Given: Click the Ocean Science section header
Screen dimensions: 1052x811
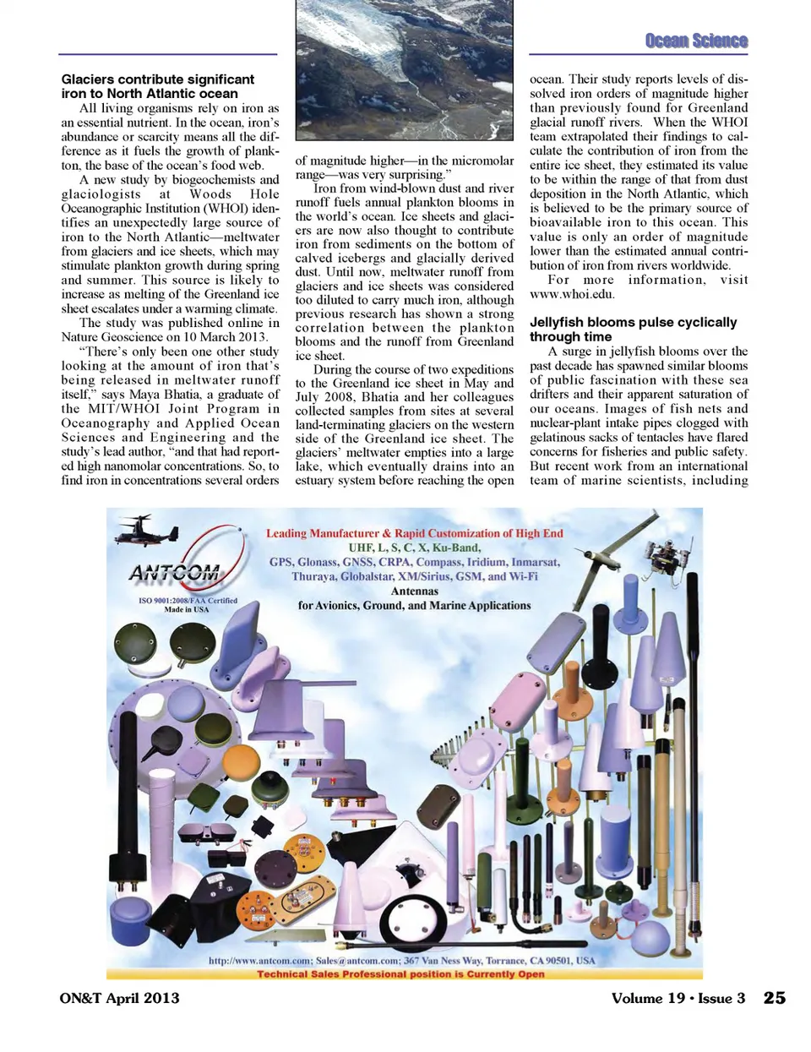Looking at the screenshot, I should pos(695,41).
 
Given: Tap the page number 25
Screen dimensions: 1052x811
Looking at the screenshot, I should pos(774,998).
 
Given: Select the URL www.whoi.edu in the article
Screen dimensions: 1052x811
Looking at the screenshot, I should pos(572,294).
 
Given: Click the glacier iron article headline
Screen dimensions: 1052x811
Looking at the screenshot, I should pos(157,86).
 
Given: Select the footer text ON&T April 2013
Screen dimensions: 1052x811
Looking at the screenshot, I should pos(119,998).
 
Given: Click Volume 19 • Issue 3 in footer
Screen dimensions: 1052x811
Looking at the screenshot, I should pos(678,998).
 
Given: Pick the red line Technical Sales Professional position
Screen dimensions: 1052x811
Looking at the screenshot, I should pos(400,973).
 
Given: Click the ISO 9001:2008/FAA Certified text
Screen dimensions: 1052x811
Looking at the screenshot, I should pos(188,600).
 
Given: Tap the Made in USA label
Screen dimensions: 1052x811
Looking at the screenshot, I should pos(186,609).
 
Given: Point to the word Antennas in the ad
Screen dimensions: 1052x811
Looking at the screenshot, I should pos(414,591).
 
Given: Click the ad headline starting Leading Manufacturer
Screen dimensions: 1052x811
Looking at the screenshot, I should pos(414,533).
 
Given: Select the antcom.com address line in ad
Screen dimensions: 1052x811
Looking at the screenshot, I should pos(402,961).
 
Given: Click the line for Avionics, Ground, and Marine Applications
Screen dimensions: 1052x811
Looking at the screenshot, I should pos(414,605).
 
